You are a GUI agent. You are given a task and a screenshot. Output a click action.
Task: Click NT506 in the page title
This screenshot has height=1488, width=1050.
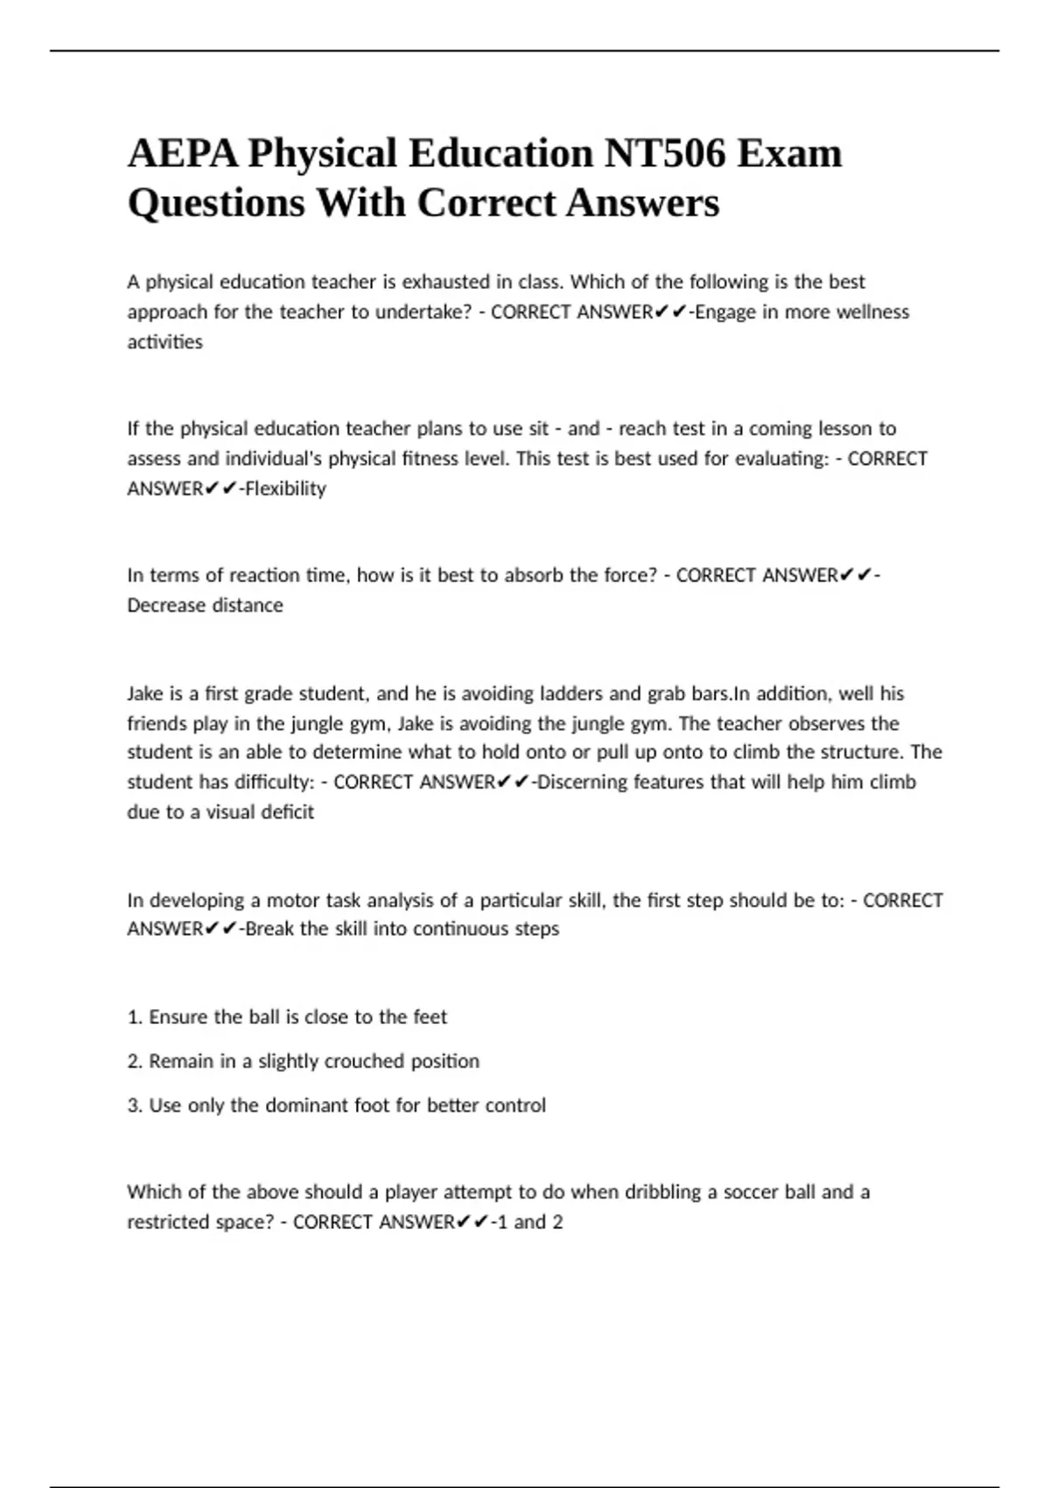pyautogui.click(x=664, y=153)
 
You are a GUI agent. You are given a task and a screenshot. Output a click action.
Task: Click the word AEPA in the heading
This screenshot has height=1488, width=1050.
pyautogui.click(x=181, y=153)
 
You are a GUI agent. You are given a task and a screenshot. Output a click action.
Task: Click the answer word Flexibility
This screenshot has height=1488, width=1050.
pyautogui.click(x=285, y=488)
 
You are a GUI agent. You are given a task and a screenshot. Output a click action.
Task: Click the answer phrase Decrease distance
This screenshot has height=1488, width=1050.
pyautogui.click(x=205, y=605)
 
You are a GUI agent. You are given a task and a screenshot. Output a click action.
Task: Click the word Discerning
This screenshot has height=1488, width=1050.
pyautogui.click(x=577, y=782)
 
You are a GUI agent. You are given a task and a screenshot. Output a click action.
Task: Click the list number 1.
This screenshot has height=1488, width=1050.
pyautogui.click(x=134, y=1017)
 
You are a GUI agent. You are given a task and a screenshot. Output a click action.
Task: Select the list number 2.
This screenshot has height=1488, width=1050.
pyautogui.click(x=134, y=1061)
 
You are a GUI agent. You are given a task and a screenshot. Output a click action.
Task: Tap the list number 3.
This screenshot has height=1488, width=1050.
pyautogui.click(x=134, y=1105)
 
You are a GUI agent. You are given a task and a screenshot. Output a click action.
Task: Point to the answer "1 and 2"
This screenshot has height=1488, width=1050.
pyautogui.click(x=528, y=1221)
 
